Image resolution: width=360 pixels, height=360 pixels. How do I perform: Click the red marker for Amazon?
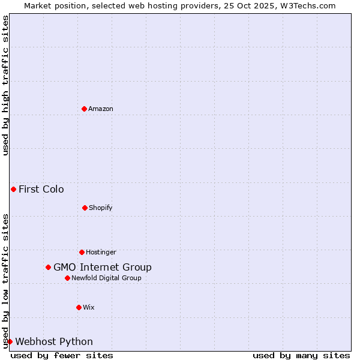click(84, 109)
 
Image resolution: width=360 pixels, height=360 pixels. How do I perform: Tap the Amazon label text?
click(101, 109)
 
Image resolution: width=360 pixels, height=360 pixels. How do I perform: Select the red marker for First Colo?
click(13, 189)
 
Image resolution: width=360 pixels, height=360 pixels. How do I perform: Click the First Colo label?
click(41, 190)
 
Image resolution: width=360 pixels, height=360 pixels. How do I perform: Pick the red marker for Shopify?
click(85, 208)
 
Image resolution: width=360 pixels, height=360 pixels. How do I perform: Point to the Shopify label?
click(101, 208)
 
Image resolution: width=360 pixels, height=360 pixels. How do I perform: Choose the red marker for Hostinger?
click(82, 252)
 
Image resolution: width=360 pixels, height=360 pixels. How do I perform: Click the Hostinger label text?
click(101, 252)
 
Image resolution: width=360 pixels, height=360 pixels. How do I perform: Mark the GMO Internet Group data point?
click(48, 267)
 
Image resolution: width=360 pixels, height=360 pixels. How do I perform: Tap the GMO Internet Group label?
click(103, 268)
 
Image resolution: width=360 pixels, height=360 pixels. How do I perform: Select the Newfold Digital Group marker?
click(67, 278)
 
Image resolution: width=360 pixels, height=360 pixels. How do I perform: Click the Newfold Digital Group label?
click(106, 278)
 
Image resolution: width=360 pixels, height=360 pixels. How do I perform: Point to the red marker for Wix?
click(79, 307)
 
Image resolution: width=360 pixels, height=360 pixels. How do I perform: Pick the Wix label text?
click(89, 307)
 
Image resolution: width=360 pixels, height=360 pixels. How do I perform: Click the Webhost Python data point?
click(10, 341)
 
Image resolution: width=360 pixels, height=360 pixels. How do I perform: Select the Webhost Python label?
click(54, 342)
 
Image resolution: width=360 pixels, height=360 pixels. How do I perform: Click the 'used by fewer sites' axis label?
click(62, 355)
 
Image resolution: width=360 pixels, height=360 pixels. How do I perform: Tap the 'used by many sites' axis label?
click(301, 355)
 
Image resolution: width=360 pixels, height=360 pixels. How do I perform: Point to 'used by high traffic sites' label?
click(5, 85)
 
